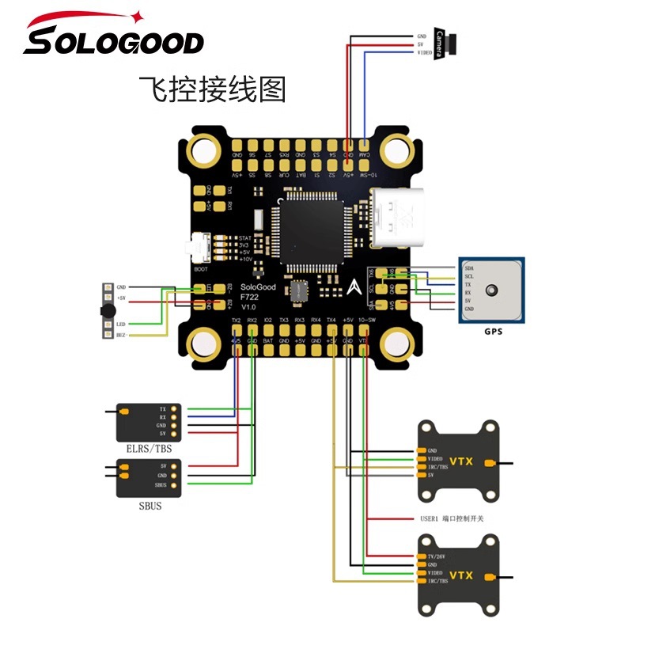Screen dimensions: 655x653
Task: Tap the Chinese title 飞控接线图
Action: pyautogui.click(x=211, y=89)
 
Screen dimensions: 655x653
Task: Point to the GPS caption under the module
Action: pyautogui.click(x=493, y=332)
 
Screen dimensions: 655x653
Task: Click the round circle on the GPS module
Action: pyautogui.click(x=494, y=290)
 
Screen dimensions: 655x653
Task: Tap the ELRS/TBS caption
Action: pyautogui.click(x=149, y=449)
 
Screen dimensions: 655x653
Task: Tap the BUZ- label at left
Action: pyautogui.click(x=121, y=336)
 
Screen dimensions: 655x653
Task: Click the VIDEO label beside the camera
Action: pyautogui.click(x=424, y=52)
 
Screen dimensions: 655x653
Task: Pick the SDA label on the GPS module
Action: pyautogui.click(x=469, y=269)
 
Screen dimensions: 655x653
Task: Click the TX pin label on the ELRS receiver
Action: pyautogui.click(x=163, y=408)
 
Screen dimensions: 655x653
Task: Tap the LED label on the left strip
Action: pyautogui.click(x=120, y=324)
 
